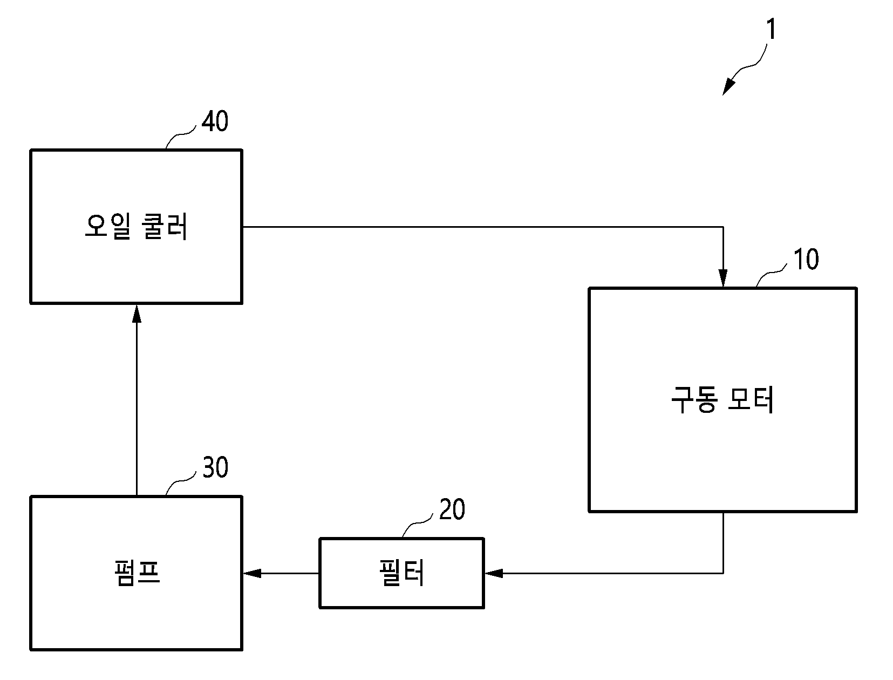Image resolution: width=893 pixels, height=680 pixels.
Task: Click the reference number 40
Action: point(215,121)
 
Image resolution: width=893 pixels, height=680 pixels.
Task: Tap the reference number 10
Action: point(806,259)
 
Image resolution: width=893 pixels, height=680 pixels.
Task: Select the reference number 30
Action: point(215,467)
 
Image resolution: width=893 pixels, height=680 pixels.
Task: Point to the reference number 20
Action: point(452,509)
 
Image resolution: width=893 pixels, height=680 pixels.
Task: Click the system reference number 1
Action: point(771,29)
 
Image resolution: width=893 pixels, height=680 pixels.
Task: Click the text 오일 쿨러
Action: point(137,226)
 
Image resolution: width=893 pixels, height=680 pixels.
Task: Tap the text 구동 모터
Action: point(722,399)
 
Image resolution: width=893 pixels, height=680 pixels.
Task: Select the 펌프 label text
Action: point(137,573)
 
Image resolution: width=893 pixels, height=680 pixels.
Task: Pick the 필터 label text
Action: point(401,572)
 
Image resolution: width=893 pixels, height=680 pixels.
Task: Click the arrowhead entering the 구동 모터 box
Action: point(723,278)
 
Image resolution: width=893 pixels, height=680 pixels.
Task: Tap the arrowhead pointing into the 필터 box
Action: point(494,573)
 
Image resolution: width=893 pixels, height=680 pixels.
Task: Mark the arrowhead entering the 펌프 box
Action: point(252,573)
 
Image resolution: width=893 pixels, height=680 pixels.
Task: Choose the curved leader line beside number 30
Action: point(181,482)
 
